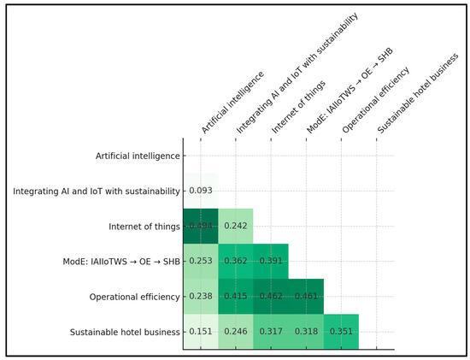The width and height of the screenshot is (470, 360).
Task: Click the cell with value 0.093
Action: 201,191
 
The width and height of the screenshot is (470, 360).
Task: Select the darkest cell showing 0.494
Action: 201,226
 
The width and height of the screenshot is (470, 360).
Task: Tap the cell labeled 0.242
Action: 236,226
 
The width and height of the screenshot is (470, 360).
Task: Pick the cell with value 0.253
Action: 201,261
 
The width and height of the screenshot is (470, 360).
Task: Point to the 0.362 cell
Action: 236,261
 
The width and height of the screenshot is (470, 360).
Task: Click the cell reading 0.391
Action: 271,261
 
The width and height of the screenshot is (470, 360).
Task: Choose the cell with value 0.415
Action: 236,297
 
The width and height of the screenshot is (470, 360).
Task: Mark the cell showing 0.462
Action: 271,297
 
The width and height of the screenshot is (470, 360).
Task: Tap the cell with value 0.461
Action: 306,297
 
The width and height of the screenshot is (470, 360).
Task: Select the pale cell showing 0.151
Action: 201,332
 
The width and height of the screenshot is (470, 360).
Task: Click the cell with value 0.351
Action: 341,332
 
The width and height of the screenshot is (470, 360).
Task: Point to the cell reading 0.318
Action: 306,332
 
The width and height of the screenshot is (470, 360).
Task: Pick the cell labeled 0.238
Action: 201,297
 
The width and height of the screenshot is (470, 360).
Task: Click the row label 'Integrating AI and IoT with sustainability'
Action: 97,191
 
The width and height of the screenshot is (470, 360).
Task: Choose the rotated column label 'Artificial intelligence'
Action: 232,103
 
